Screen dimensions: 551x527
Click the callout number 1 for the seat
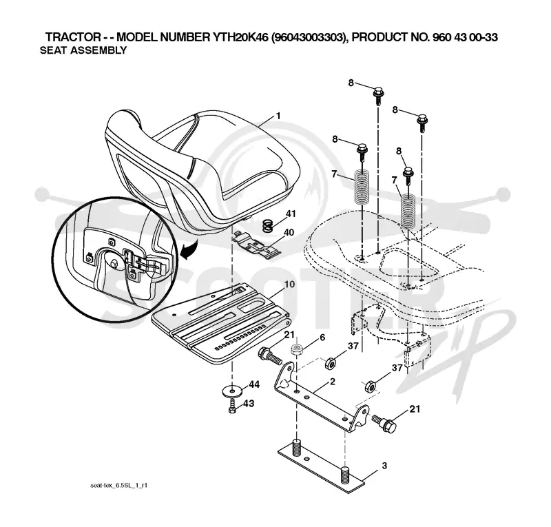pyautogui.click(x=278, y=116)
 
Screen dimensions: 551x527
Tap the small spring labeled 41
pyautogui.click(x=268, y=225)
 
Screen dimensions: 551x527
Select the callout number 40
pyautogui.click(x=289, y=232)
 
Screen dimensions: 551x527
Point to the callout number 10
pyautogui.click(x=289, y=284)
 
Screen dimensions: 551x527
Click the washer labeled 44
pyautogui.click(x=232, y=390)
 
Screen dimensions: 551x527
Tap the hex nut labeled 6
pyautogui.click(x=297, y=350)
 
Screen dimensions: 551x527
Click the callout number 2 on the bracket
pyautogui.click(x=333, y=382)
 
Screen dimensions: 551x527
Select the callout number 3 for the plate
pyautogui.click(x=384, y=466)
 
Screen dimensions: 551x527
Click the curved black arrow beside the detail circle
pyautogui.click(x=188, y=249)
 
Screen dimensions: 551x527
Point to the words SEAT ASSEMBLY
pyautogui.click(x=83, y=50)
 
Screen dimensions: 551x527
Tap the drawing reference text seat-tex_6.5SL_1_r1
pyautogui.click(x=118, y=486)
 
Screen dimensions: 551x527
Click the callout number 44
pyautogui.click(x=254, y=384)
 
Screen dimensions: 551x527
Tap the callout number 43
pyautogui.click(x=249, y=403)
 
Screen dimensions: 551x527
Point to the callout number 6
pyautogui.click(x=322, y=338)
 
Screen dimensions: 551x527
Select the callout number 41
pyautogui.click(x=291, y=214)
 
